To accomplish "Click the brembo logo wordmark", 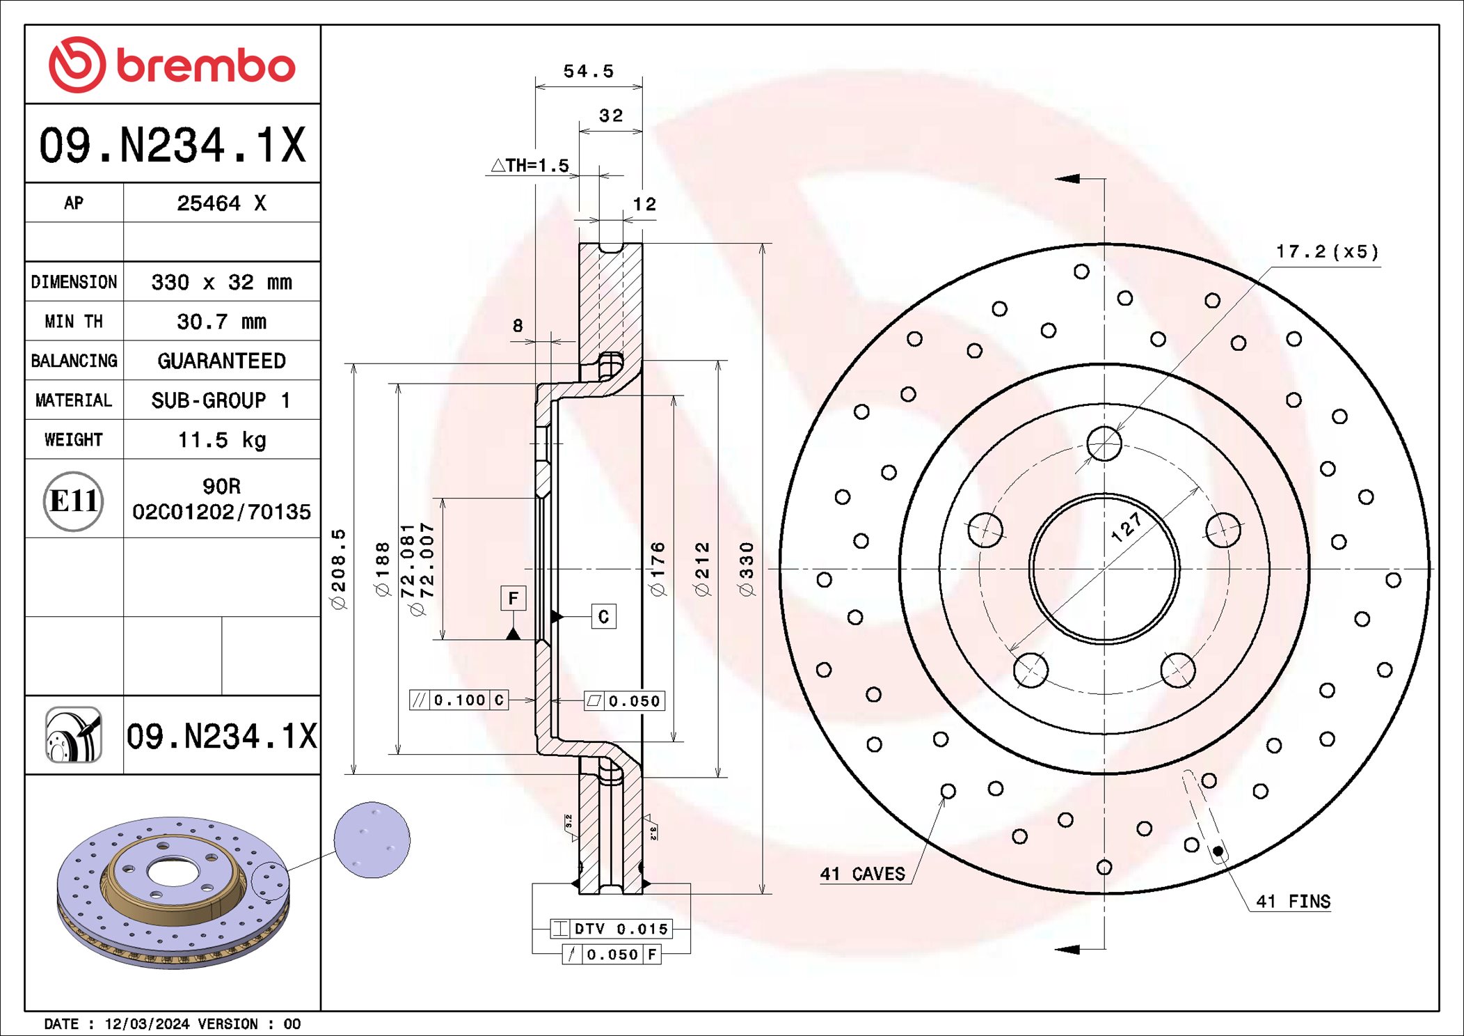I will (205, 66).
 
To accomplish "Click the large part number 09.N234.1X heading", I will (173, 146).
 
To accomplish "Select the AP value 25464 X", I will (221, 203).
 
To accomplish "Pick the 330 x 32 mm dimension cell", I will (221, 282).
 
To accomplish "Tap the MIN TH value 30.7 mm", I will (221, 322).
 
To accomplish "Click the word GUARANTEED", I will (221, 361).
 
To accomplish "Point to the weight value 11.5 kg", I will (221, 440).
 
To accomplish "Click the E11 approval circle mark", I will (73, 501).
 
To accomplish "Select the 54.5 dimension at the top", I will (589, 71).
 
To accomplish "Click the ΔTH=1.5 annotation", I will (530, 166).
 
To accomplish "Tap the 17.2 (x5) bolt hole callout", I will (1326, 251).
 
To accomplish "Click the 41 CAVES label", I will (862, 874).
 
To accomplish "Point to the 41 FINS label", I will (1293, 902).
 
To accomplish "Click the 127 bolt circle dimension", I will (1126, 527).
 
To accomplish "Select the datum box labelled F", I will (513, 598).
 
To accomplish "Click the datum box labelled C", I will (603, 616).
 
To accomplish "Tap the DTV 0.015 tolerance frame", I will (612, 929).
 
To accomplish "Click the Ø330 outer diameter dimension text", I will (747, 569).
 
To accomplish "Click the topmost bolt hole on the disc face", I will (1104, 444).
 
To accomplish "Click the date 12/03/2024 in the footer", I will (147, 1023).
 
